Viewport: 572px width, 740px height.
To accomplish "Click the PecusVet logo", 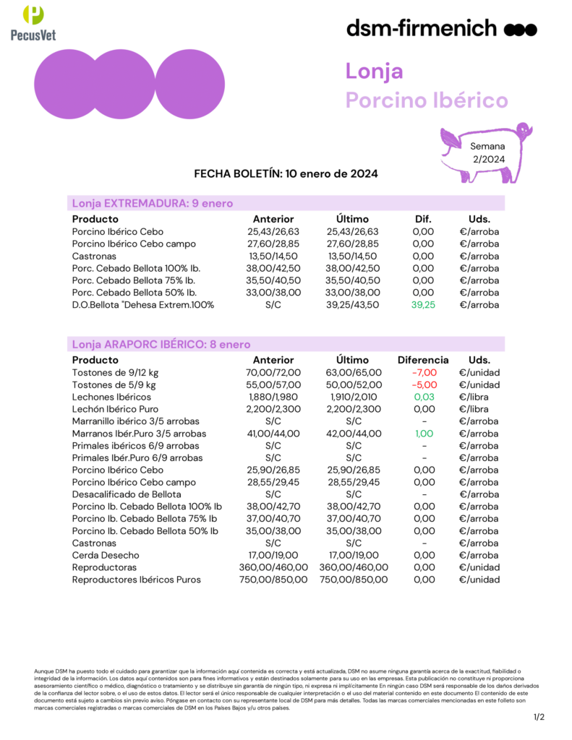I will (x=33, y=22).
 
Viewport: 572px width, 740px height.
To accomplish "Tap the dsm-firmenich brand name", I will (x=422, y=29).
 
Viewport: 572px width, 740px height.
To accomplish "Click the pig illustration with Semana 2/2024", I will (x=487, y=153).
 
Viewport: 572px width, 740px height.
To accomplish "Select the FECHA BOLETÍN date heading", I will (x=286, y=174).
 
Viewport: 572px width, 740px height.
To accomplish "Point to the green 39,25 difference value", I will (x=423, y=305).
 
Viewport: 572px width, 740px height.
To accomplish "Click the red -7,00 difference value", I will (x=423, y=372).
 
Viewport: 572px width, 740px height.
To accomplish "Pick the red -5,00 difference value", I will (x=423, y=384).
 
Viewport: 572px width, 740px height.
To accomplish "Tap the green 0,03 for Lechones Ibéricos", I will (x=423, y=397).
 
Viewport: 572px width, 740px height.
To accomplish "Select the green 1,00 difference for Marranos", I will (x=423, y=434).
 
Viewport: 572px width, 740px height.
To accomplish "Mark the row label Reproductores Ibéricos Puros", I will (x=137, y=580).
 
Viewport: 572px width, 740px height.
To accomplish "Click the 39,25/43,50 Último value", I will (x=353, y=305).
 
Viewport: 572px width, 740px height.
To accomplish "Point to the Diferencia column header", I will (x=423, y=360).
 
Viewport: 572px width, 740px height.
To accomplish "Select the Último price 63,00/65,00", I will (x=353, y=372).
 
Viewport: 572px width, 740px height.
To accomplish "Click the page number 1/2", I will (x=539, y=717).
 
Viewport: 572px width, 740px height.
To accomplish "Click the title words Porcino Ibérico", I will (x=427, y=100).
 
